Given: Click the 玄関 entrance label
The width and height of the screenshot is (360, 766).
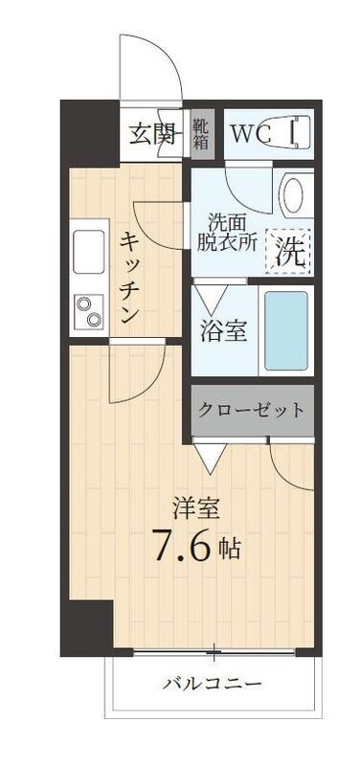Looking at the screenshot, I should click(153, 133).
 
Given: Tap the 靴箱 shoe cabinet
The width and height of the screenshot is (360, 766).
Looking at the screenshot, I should click(201, 133).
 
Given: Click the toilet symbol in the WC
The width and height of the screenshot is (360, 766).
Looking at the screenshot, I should click(298, 131).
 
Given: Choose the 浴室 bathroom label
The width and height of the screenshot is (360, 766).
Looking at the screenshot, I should click(224, 331).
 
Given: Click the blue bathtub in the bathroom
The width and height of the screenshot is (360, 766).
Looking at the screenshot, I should click(285, 330).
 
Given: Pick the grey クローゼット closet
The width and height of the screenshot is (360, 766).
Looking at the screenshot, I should click(252, 410).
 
